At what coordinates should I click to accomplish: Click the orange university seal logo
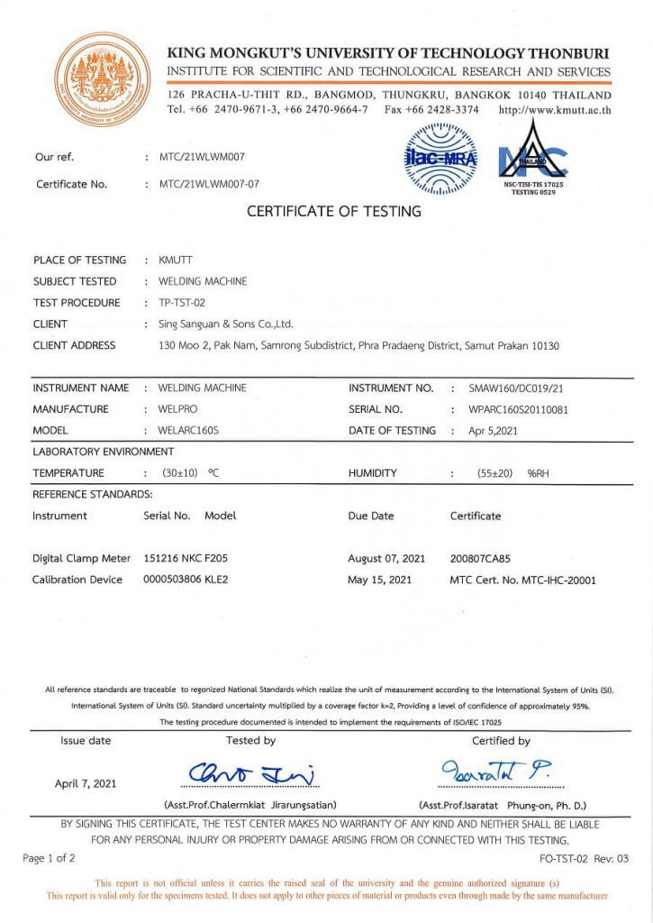click(103, 79)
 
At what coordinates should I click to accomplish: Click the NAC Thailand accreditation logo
click(534, 160)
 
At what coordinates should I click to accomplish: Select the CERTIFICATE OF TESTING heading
click(333, 212)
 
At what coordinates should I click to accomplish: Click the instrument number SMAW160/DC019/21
click(514, 388)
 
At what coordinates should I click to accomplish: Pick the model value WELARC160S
click(188, 431)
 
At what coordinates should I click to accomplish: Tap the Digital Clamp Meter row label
click(82, 559)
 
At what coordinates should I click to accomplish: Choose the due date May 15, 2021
click(380, 580)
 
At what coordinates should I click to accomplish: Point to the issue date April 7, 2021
click(86, 783)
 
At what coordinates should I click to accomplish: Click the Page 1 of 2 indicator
click(50, 858)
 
